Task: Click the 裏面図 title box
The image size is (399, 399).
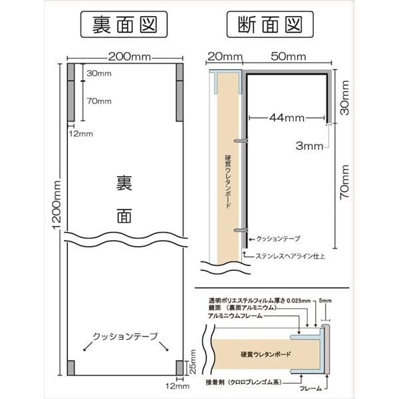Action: [124, 25]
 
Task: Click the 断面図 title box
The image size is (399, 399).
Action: [270, 25]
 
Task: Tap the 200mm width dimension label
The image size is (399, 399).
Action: [130, 57]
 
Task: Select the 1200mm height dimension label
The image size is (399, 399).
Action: [57, 205]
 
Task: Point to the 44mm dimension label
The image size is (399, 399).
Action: [287, 118]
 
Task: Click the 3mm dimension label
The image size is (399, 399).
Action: [309, 146]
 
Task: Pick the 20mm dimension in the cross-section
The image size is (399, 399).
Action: [225, 57]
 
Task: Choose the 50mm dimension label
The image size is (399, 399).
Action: [289, 57]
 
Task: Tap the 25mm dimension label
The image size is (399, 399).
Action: [193, 361]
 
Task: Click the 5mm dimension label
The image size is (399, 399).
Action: [325, 301]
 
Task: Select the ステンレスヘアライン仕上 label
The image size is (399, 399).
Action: [290, 256]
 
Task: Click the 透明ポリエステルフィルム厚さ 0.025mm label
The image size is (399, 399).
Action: [260, 301]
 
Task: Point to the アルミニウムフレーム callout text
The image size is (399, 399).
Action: [235, 316]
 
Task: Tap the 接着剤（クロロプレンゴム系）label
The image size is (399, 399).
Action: [244, 382]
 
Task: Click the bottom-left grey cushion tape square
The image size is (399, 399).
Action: [71, 368]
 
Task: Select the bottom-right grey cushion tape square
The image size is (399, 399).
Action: [180, 368]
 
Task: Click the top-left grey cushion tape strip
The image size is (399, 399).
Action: [71, 92]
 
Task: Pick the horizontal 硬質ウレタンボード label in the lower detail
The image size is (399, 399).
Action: [265, 354]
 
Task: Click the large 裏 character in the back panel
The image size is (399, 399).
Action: [124, 184]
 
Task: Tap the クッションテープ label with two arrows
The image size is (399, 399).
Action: [125, 336]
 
